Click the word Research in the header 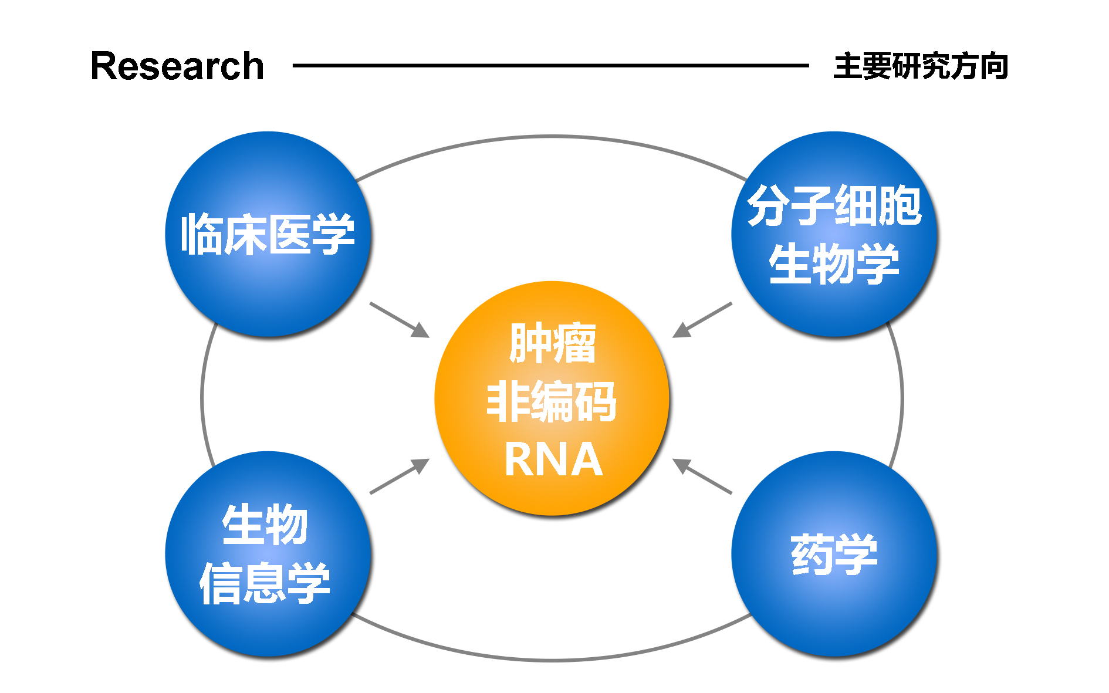pos(177,66)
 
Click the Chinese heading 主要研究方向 pos(921,66)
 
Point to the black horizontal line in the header pos(550,66)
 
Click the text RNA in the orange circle pos(553,460)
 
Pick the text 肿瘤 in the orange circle pos(552,343)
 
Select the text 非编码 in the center pos(552,401)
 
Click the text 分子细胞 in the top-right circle pos(834,205)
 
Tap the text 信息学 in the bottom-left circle pos(265,583)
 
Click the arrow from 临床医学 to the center pos(399,320)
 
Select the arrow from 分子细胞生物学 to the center pos(702,320)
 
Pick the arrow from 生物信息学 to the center pos(399,476)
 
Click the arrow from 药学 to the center pos(702,476)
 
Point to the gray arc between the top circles pos(552,137)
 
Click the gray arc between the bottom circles pos(552,660)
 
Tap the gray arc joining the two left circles pos(202,399)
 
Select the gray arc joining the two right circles pos(901,399)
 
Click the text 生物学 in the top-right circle pos(834,264)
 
